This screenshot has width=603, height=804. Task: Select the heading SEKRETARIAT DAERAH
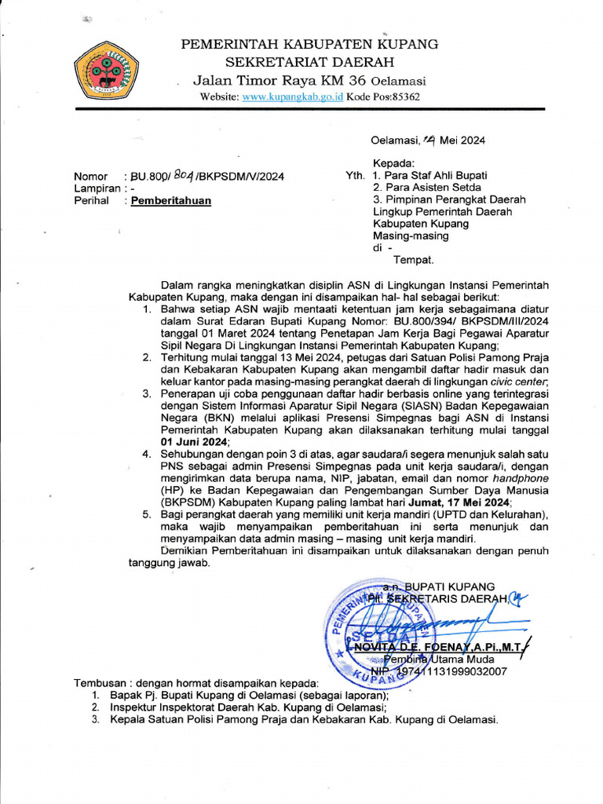[x=310, y=62]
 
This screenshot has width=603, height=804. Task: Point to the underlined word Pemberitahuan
[x=171, y=200]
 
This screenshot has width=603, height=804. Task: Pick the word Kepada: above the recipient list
[x=393, y=163]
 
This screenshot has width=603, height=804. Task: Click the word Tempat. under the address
[x=414, y=259]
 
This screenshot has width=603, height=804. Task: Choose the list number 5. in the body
[x=148, y=513]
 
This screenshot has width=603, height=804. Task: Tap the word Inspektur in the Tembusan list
[x=132, y=707]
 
